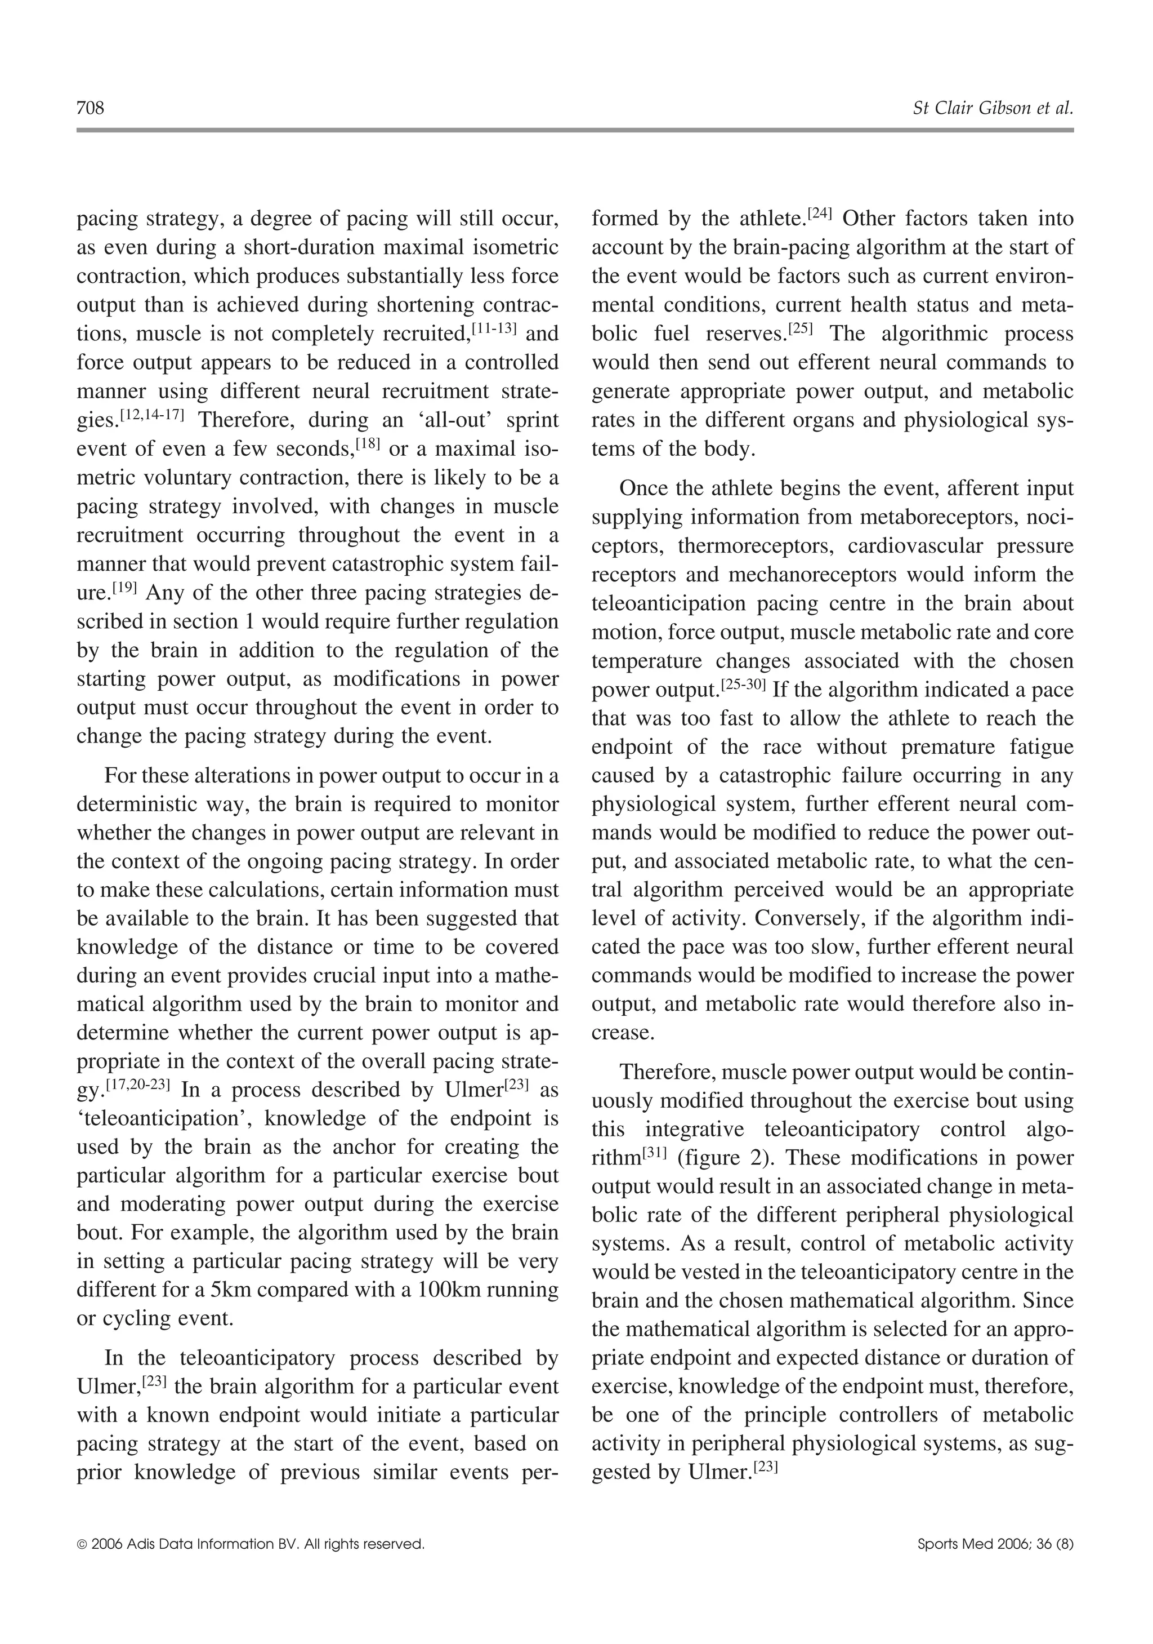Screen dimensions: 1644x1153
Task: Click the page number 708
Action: (x=90, y=108)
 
